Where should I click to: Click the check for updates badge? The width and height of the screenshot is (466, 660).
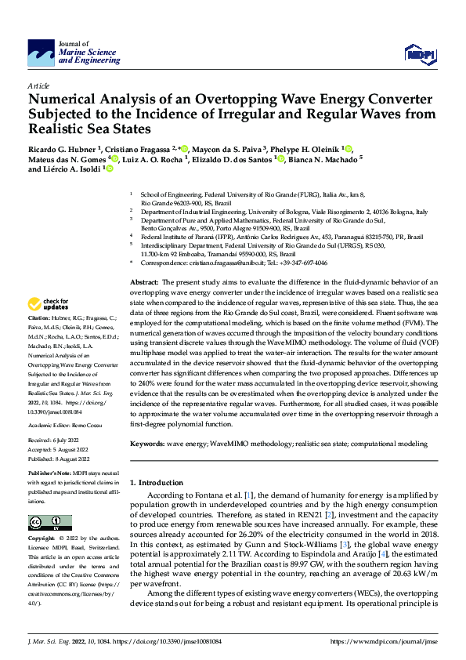(49, 303)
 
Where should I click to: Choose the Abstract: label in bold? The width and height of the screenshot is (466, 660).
(144, 281)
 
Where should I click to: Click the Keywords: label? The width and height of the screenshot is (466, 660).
(146, 444)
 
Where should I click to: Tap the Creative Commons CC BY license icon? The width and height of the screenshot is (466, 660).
(49, 523)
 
